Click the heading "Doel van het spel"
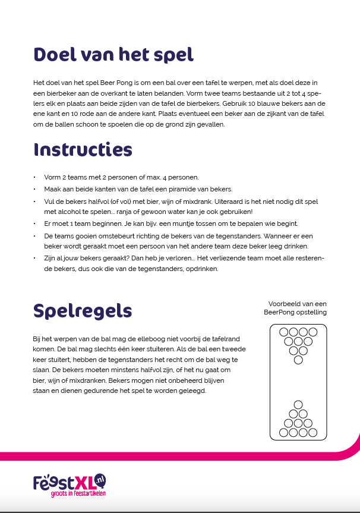113,55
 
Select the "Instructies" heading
83,149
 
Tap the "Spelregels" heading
83,310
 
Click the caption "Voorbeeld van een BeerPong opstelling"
295,308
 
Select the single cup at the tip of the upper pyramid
298,360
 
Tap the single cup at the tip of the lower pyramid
298,404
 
